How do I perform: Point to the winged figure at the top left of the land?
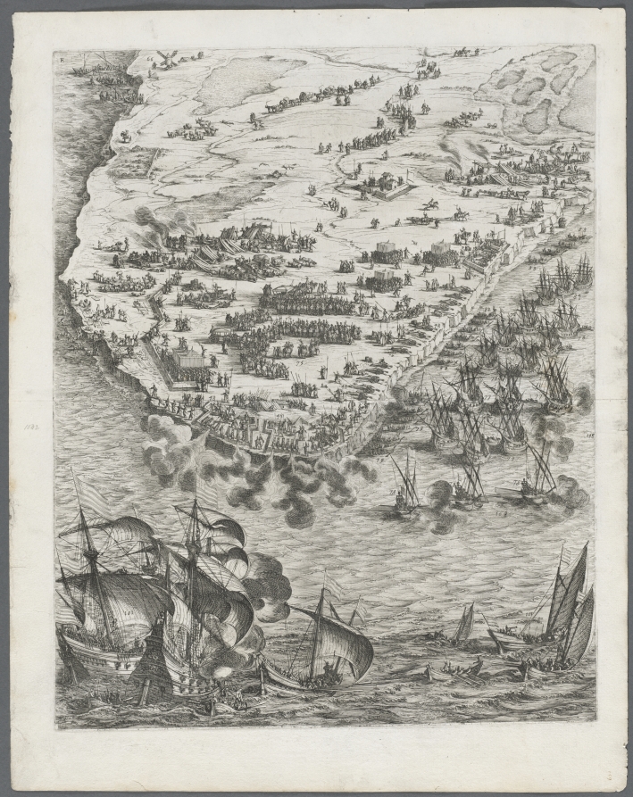point(164,59)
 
